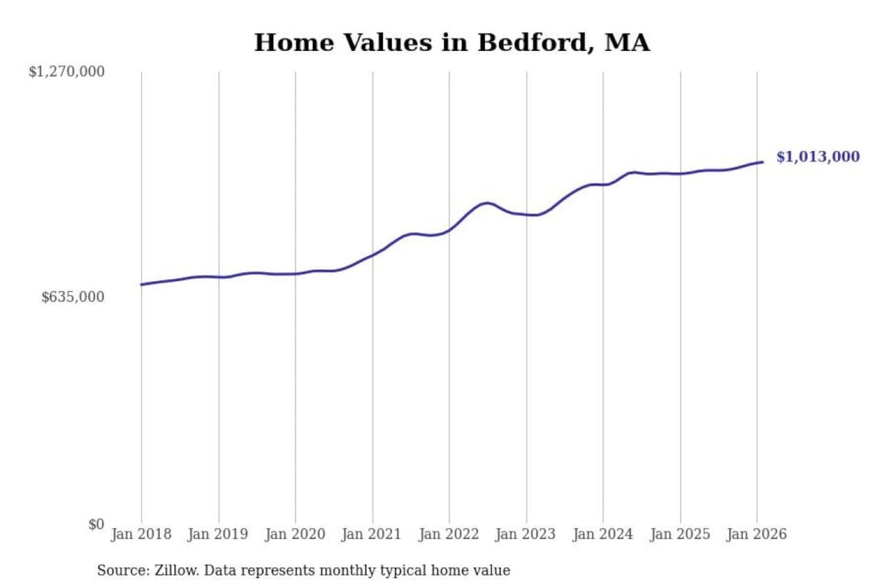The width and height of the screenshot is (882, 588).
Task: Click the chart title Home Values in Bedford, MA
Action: pos(452,43)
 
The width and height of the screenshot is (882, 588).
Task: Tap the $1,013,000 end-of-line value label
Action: pos(818,157)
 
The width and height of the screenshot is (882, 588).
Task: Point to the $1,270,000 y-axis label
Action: pos(67,72)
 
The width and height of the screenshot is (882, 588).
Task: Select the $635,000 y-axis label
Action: pos(73,297)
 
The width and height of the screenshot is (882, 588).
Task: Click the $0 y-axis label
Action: pos(96,524)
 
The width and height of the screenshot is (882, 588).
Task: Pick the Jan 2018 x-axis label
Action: pos(141,534)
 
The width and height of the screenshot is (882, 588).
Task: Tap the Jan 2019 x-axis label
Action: pos(218,534)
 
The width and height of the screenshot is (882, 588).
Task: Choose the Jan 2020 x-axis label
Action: pos(295,534)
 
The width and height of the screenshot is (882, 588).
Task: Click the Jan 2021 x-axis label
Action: pos(371,534)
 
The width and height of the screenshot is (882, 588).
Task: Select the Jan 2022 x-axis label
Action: pos(448,534)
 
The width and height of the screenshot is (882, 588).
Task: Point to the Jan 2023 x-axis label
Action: pos(526,534)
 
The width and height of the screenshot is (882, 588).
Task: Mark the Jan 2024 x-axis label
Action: pos(603,534)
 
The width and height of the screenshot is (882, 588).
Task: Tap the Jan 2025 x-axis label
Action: pos(680,534)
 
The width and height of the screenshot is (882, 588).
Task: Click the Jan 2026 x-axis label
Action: pos(756,534)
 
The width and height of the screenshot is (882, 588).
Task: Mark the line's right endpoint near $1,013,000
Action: pos(763,162)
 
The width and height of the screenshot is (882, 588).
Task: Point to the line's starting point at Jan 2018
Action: pos(141,284)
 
